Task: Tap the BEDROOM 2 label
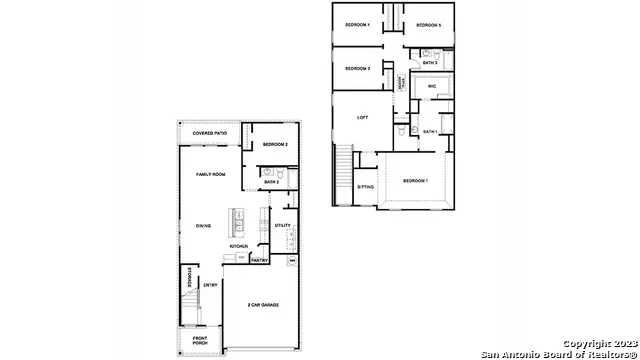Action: (x=275, y=145)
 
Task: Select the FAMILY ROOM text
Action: (x=211, y=174)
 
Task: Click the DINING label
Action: (x=204, y=225)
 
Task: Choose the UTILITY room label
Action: (x=283, y=226)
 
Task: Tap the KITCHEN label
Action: (x=239, y=246)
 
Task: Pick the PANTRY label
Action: (x=259, y=260)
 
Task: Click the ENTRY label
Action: (x=211, y=285)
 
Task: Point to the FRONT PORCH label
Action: (x=201, y=340)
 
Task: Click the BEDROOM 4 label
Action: (x=357, y=24)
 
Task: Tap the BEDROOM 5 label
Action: (x=429, y=24)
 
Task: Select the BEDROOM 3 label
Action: (x=357, y=68)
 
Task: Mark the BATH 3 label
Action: (x=430, y=63)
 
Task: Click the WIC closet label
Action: (x=432, y=87)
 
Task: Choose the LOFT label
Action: (x=363, y=117)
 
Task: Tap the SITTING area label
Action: (x=366, y=187)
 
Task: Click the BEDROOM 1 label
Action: (x=415, y=181)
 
